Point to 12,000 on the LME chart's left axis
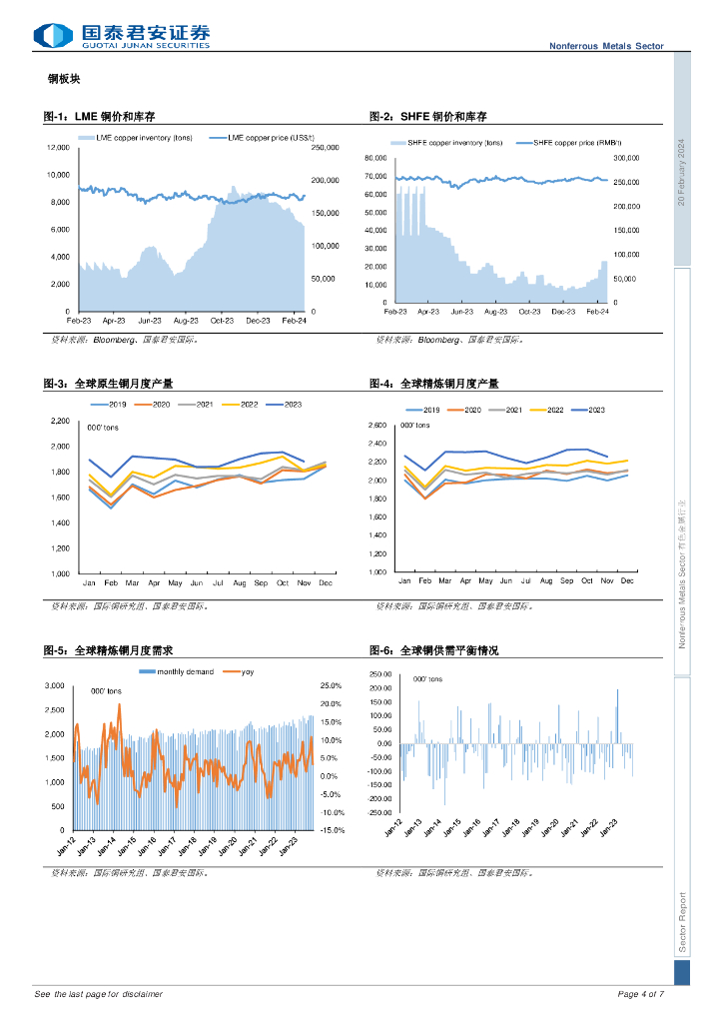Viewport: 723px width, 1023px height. [58, 148]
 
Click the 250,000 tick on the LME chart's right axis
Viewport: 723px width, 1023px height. [326, 149]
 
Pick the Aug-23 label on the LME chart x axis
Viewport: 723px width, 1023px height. [186, 321]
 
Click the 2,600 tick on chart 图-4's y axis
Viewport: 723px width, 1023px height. [376, 427]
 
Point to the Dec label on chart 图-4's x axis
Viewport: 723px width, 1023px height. [627, 580]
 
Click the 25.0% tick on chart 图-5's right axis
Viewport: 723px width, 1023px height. [332, 686]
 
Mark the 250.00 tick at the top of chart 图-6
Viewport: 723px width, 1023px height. [380, 673]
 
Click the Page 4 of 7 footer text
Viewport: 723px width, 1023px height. [641, 994]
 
